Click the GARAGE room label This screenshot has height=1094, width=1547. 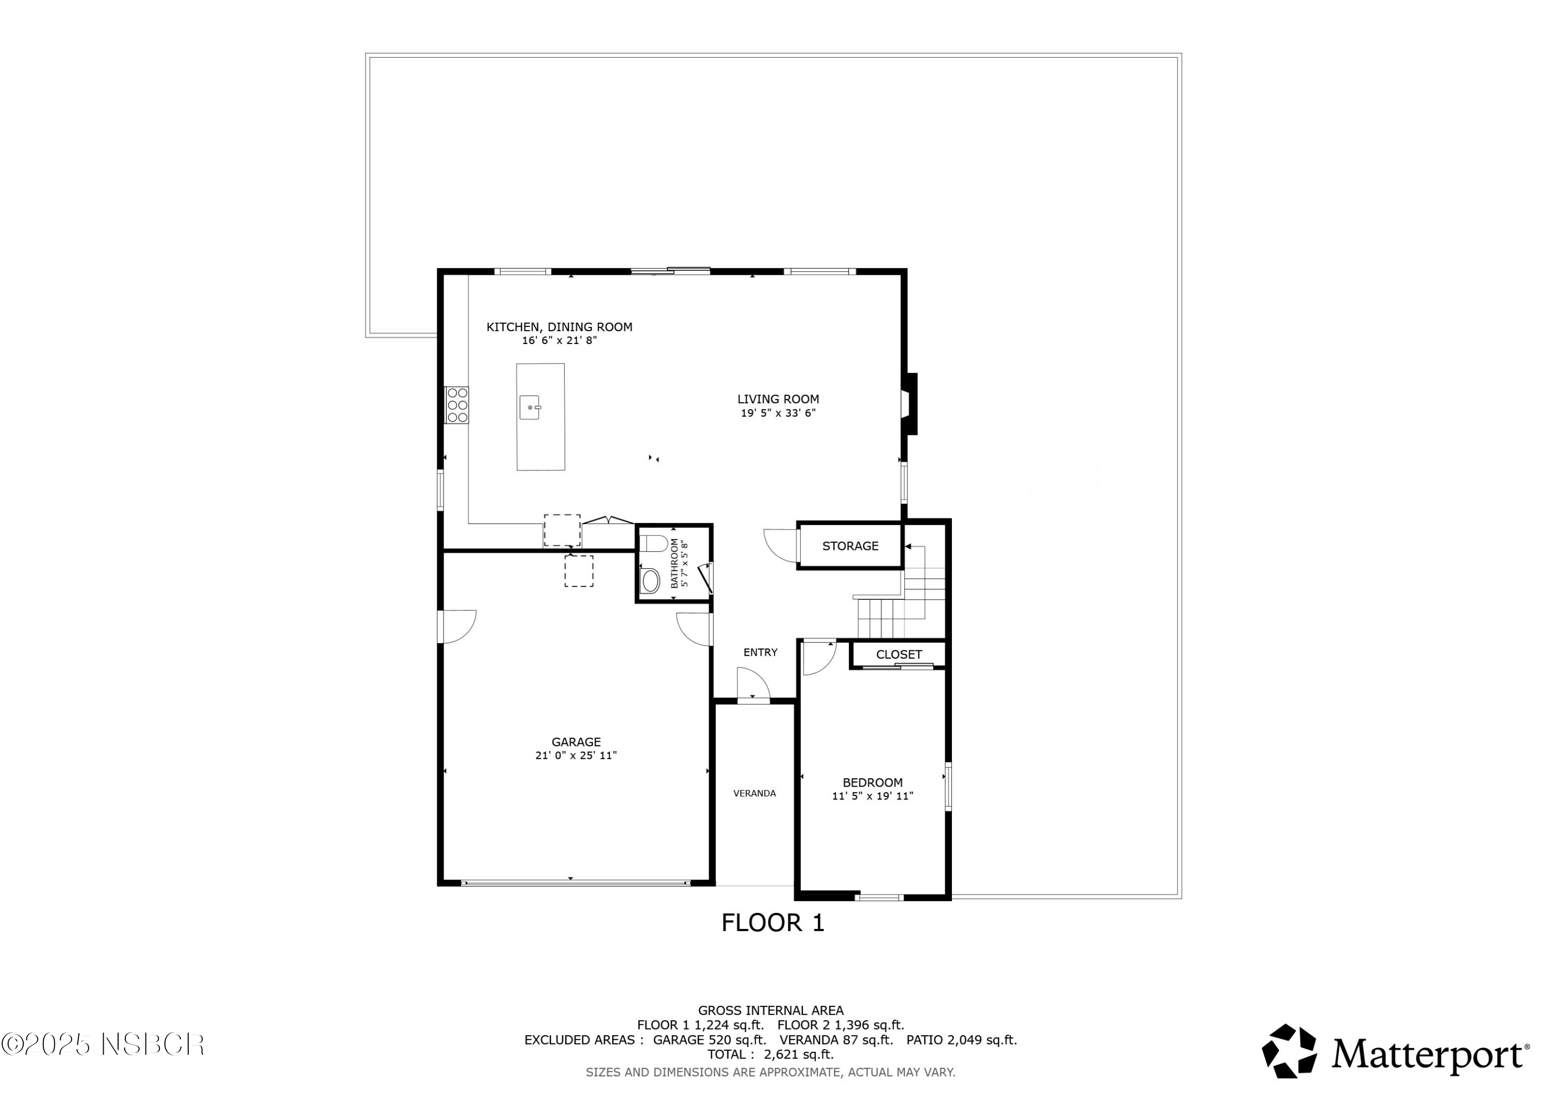point(576,742)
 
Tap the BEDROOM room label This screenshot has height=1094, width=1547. point(873,782)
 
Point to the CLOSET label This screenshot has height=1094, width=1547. point(899,655)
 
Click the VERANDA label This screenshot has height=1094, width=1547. point(754,793)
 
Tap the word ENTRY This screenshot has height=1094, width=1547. point(760,652)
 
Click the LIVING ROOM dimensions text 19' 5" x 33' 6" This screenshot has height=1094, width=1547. point(778,413)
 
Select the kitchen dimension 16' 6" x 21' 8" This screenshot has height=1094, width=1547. point(559,340)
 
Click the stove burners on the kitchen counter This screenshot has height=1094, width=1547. point(457,405)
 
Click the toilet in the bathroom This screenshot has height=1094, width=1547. point(652,543)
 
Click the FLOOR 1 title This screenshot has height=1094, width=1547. point(773,923)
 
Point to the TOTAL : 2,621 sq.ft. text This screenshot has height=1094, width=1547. point(770,1054)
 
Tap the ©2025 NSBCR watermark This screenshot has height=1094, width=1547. point(103,1046)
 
